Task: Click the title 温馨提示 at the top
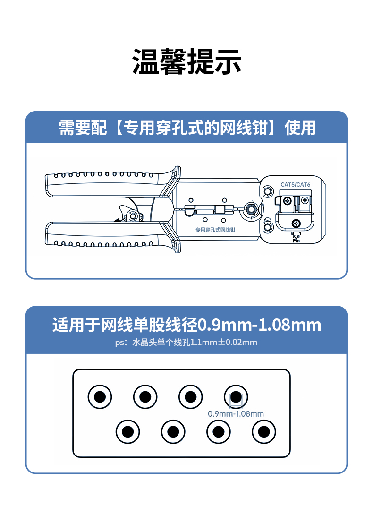(x=186, y=62)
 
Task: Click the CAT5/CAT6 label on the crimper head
(x=295, y=184)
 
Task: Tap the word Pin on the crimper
(x=297, y=240)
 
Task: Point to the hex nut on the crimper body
(x=250, y=208)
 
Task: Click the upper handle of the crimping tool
(x=104, y=179)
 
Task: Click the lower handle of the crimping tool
(x=104, y=236)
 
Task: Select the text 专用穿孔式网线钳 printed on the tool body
(x=215, y=229)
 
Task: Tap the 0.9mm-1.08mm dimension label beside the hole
(x=236, y=414)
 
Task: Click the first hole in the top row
(x=100, y=397)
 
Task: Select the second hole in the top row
(x=145, y=397)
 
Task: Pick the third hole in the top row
(x=190, y=397)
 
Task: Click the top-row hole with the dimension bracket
(x=236, y=397)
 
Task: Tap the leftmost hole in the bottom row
(x=128, y=431)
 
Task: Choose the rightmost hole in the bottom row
(x=263, y=431)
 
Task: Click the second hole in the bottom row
(x=173, y=431)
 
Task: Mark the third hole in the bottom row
(x=218, y=431)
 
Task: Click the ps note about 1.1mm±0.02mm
(x=186, y=342)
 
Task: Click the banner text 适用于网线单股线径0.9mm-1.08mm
(x=186, y=325)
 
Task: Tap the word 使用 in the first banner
(x=300, y=128)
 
